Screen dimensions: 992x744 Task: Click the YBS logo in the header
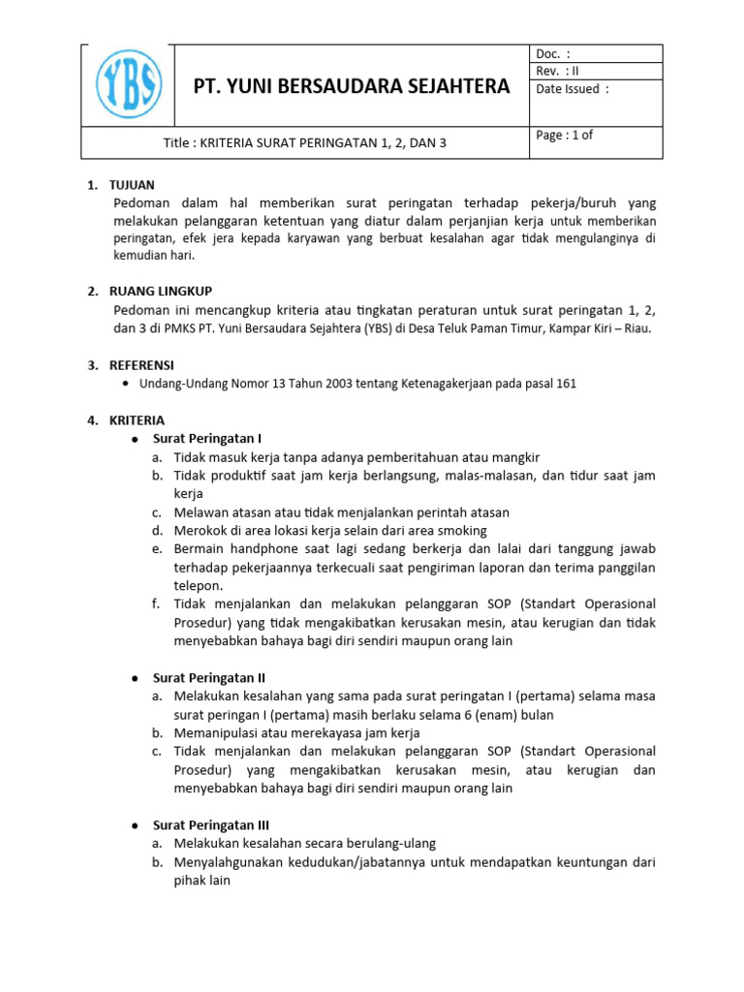click(128, 84)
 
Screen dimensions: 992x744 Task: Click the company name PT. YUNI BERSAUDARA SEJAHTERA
click(353, 86)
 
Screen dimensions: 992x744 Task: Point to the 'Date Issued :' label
click(573, 89)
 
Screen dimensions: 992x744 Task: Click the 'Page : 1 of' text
click(564, 136)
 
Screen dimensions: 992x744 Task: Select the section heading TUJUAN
click(134, 185)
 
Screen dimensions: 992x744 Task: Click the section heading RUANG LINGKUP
click(163, 292)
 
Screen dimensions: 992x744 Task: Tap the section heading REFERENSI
click(143, 365)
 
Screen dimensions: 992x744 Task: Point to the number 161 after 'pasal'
click(566, 384)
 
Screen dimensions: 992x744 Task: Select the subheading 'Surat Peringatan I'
click(207, 439)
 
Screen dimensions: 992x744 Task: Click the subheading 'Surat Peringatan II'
click(209, 678)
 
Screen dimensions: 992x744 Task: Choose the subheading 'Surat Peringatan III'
click(211, 825)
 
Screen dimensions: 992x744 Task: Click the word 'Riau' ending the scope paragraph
click(638, 328)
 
